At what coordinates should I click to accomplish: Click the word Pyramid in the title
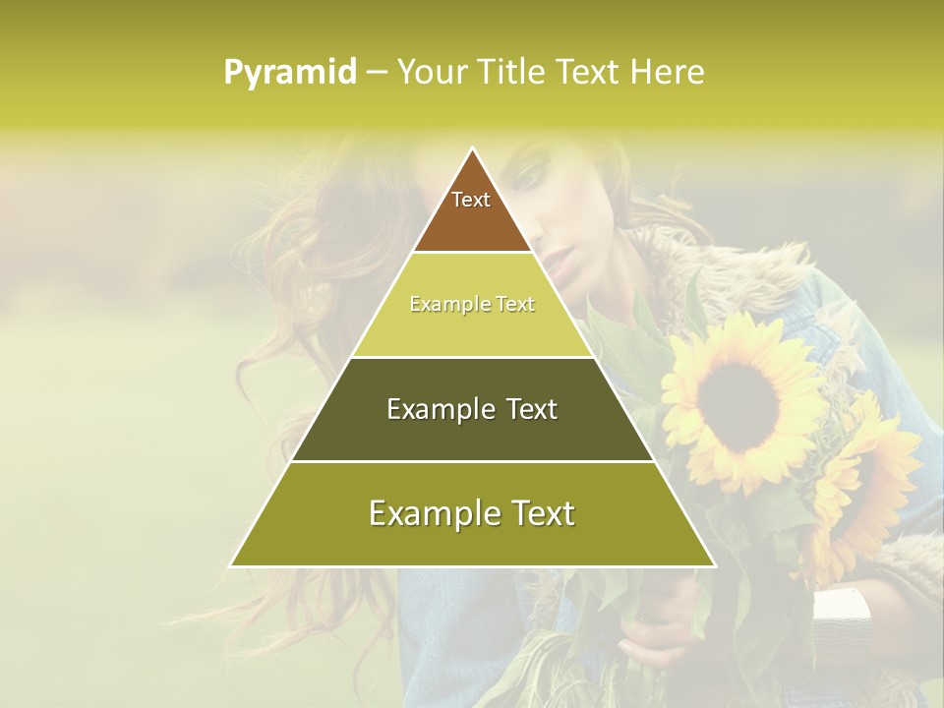click(x=290, y=73)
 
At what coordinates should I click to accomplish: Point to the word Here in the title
click(x=667, y=73)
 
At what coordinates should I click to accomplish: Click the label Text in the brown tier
click(x=471, y=200)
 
